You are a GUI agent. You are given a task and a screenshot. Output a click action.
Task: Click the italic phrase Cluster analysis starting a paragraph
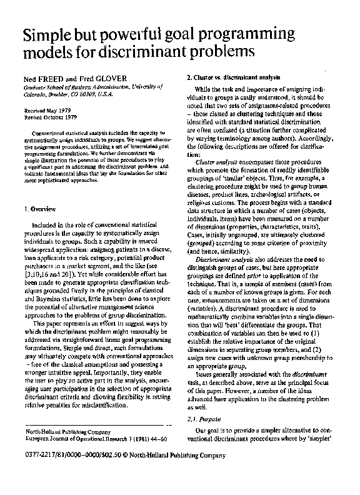coord(214,162)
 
